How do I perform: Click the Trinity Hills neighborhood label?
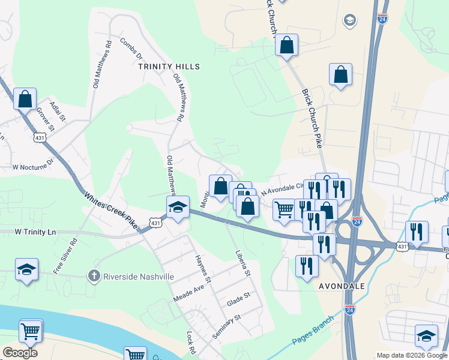click(169, 66)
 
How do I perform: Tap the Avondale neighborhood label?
click(342, 286)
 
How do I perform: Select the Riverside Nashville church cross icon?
click(93, 276)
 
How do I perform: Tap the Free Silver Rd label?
click(65, 257)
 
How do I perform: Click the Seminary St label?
click(226, 326)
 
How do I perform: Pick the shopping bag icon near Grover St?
click(25, 99)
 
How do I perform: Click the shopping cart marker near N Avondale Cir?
click(284, 209)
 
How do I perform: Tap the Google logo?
click(20, 353)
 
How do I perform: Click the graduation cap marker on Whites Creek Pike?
click(178, 207)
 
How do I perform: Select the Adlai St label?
click(57, 109)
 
